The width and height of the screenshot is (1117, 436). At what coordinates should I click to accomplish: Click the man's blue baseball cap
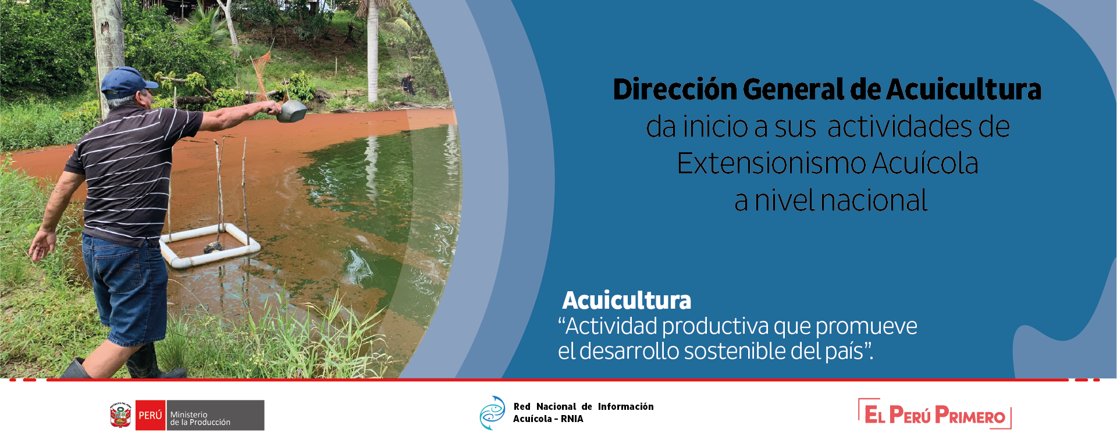127,82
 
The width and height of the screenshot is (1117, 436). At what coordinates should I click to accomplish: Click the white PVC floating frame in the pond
209,246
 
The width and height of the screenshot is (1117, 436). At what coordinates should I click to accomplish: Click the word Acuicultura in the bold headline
964,90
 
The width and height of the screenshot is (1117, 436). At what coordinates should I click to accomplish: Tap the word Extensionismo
772,163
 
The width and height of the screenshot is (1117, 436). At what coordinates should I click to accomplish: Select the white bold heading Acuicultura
627,301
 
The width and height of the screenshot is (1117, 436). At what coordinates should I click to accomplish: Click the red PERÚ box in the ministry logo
150,415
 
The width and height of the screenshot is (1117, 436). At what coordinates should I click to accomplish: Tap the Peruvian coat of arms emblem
120,415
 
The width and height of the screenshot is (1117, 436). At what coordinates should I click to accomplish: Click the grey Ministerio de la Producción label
215,415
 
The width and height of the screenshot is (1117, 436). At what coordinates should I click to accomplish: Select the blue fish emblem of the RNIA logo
492,413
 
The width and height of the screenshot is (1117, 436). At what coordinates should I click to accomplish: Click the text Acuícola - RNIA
548,419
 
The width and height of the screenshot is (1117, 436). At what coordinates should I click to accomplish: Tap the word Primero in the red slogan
970,416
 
